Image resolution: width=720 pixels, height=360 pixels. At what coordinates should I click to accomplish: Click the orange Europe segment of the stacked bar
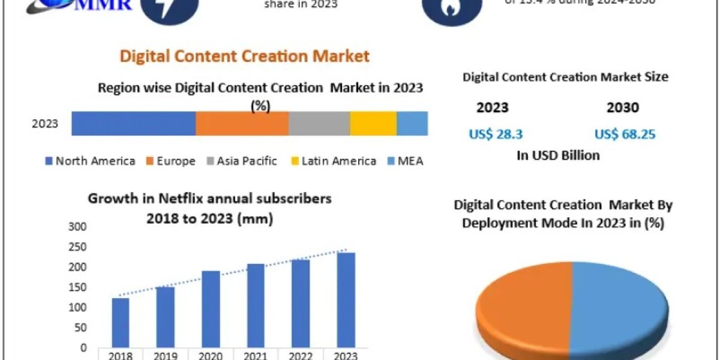[x=242, y=123]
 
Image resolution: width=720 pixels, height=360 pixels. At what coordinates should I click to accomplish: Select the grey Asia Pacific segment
[x=319, y=123]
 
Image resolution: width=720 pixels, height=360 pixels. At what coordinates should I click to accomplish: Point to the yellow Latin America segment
[x=373, y=123]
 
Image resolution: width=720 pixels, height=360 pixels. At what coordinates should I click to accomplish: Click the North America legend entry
[x=90, y=161]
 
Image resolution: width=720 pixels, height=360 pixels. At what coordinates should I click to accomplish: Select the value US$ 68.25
[x=625, y=134]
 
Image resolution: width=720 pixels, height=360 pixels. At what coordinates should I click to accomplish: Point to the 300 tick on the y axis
[x=78, y=227]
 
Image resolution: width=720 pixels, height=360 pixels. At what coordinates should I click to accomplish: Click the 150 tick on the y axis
[x=78, y=287]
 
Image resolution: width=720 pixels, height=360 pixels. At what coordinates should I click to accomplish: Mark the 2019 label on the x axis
[x=165, y=354]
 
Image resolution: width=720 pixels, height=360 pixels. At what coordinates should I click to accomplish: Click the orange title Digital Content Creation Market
[x=245, y=56]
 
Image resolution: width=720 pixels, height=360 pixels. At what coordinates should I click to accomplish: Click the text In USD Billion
[x=558, y=155]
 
